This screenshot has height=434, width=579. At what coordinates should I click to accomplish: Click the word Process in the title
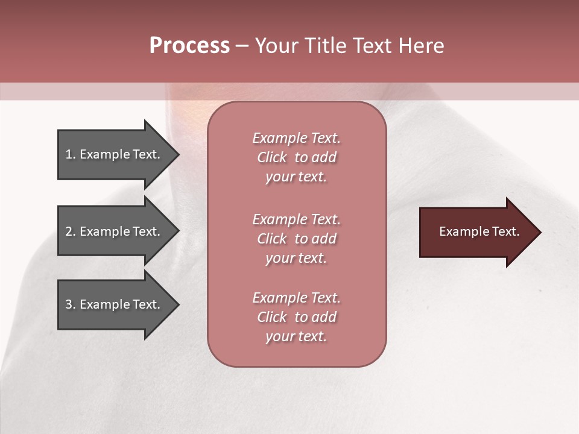[x=189, y=46]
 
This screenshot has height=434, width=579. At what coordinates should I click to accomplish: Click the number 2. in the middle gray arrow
[x=71, y=231]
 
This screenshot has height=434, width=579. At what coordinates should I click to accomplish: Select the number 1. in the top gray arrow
[x=71, y=154]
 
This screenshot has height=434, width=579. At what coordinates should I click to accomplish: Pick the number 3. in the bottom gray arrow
[x=71, y=304]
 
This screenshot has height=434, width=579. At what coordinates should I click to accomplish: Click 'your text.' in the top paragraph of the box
[x=296, y=177]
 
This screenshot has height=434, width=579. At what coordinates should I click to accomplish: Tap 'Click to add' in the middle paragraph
[x=296, y=239]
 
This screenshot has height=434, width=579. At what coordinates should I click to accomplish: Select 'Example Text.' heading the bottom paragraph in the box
[x=296, y=298]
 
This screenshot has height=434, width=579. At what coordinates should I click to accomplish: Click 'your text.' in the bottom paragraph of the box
[x=296, y=337]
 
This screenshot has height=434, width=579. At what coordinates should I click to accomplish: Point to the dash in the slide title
[x=242, y=46]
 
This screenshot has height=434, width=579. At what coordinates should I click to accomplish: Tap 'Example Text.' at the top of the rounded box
[x=296, y=138]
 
